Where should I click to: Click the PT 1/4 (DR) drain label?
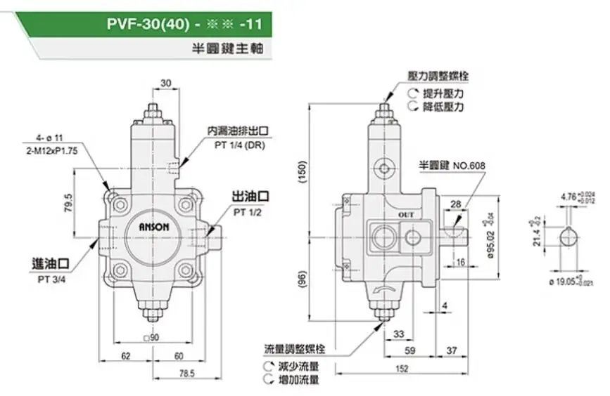pos(239,145)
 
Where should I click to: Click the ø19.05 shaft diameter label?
pos(566,281)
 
